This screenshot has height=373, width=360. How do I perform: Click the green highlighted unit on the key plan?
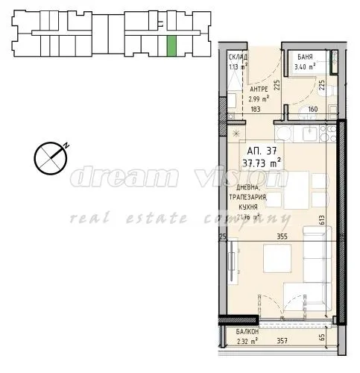point(172,46)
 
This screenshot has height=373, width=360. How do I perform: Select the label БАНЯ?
point(305,57)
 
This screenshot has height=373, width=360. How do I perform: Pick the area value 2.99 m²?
point(258,98)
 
